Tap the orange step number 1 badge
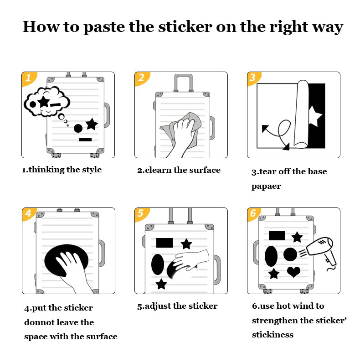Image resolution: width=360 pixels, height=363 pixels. (28, 78)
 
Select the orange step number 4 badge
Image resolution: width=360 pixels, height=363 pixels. (28, 214)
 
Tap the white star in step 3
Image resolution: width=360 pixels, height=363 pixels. (314, 116)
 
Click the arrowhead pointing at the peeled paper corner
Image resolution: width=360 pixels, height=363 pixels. (286, 147)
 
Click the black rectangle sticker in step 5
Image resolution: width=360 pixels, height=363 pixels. (165, 242)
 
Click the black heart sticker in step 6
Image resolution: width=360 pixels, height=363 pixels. (293, 272)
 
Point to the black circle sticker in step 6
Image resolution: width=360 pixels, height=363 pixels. (290, 254)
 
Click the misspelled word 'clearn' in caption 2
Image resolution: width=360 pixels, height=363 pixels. (158, 170)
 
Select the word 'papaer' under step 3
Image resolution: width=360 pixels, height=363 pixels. (266, 186)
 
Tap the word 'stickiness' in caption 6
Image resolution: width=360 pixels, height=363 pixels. (273, 335)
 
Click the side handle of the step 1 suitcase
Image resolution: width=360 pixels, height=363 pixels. (106, 115)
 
